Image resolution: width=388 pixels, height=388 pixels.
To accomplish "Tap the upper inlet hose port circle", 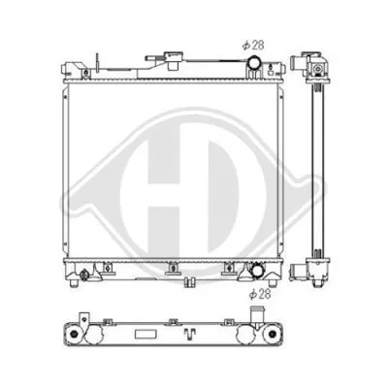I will (x=253, y=65).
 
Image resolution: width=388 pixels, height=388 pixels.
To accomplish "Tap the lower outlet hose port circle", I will (x=258, y=272).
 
